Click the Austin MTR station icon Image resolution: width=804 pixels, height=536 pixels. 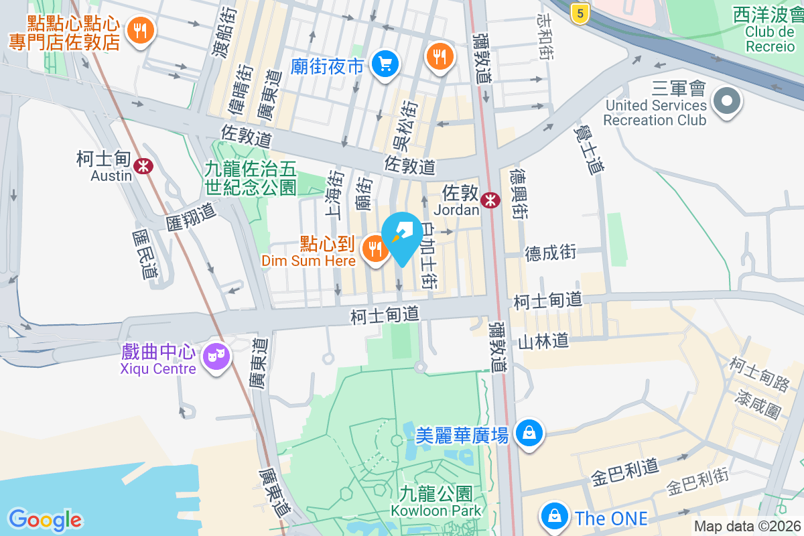[142, 165]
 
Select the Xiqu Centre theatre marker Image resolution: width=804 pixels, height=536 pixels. [216, 356]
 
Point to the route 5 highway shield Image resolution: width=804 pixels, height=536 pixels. [580, 12]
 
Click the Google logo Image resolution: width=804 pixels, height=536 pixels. [45, 520]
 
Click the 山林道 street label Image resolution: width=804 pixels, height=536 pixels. [543, 341]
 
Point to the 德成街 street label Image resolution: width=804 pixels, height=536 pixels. [550, 253]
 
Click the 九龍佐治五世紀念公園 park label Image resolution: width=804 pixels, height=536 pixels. [251, 178]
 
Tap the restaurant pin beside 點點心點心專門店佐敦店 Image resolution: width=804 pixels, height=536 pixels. [141, 31]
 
